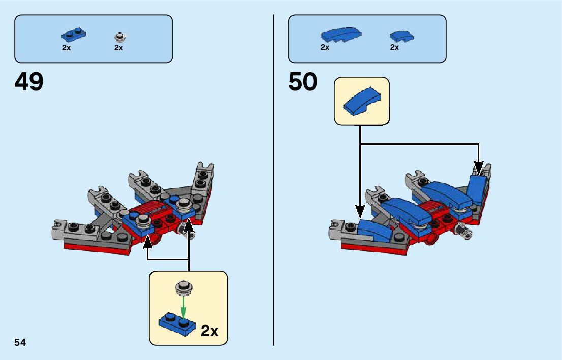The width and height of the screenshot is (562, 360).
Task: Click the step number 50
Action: [x=303, y=82]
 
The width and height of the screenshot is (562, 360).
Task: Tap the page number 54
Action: [x=20, y=342]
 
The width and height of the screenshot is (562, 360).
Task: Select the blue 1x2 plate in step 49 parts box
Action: [x=74, y=35]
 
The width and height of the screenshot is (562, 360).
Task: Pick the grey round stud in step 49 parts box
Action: [x=120, y=37]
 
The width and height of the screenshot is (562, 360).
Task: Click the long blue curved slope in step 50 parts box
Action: [x=341, y=35]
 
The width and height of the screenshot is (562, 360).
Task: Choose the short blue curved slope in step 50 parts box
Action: [x=401, y=36]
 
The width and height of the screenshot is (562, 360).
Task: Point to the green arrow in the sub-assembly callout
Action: [x=184, y=306]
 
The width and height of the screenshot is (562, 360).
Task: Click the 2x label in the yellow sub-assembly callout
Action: [x=209, y=331]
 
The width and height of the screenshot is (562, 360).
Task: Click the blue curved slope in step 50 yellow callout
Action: [x=361, y=101]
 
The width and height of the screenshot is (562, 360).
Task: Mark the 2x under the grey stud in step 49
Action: [x=119, y=48]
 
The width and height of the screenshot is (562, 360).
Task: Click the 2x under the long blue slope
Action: [x=325, y=47]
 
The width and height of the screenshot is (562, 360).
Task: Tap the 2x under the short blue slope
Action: [x=395, y=47]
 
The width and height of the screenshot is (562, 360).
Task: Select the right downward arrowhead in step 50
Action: [x=478, y=168]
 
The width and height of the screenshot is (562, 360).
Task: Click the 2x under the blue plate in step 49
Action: [x=67, y=48]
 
